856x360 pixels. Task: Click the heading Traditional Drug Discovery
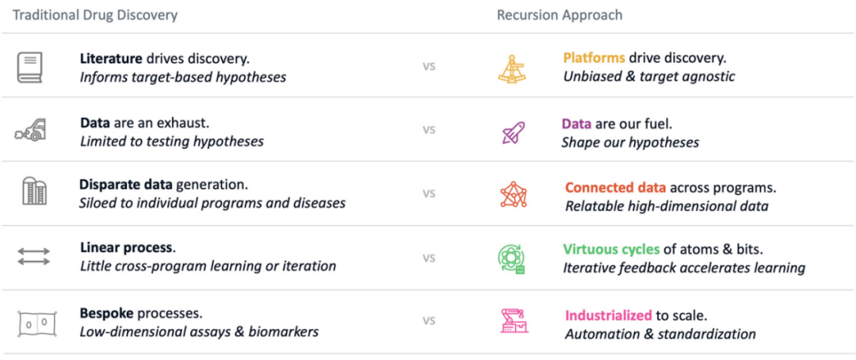[95, 15]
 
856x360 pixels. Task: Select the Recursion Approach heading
[560, 15]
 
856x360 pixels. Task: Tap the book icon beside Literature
[30, 67]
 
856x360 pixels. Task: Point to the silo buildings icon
[34, 192]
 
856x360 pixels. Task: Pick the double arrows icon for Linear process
[34, 257]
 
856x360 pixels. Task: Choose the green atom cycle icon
[511, 259]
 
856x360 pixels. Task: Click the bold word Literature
[112, 58]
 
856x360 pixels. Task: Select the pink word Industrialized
[609, 316]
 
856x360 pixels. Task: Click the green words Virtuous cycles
[611, 251]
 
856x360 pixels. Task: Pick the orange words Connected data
[615, 188]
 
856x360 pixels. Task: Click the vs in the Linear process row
[429, 258]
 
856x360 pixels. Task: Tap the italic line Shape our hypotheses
[630, 143]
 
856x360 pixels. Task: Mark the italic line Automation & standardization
[660, 333]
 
